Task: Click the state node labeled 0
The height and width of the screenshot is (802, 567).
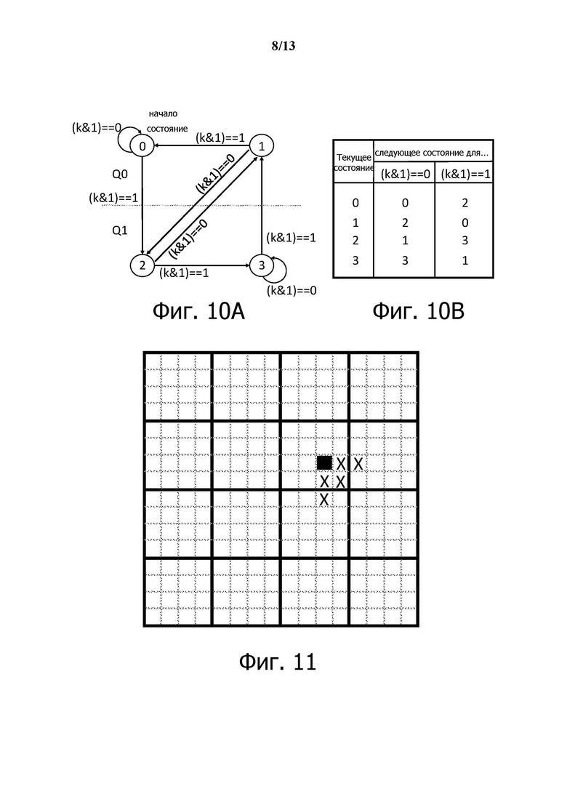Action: (142, 146)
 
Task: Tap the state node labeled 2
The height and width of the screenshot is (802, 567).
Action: (142, 265)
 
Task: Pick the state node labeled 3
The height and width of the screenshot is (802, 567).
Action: (261, 265)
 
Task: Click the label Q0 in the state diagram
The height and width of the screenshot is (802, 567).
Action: (119, 175)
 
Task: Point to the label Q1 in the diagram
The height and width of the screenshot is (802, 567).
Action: (119, 230)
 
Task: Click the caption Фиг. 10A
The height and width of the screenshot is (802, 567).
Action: (198, 311)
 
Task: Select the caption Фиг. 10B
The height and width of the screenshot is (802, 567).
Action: (418, 311)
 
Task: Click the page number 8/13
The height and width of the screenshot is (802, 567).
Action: (283, 47)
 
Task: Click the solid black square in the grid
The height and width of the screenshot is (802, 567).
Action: (324, 462)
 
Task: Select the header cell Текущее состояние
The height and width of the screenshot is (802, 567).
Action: (354, 162)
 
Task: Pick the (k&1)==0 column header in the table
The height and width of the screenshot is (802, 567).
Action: (404, 174)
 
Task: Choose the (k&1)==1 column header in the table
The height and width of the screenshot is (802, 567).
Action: (465, 174)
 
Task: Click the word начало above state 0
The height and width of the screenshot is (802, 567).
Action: (163, 113)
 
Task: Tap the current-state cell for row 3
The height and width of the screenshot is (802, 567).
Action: (355, 260)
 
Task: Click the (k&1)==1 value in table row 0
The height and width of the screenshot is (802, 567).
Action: (465, 204)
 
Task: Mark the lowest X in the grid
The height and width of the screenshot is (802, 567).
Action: (324, 500)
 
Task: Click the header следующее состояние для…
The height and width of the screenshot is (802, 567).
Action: (432, 153)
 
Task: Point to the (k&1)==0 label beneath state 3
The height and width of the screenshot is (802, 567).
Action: (291, 290)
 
